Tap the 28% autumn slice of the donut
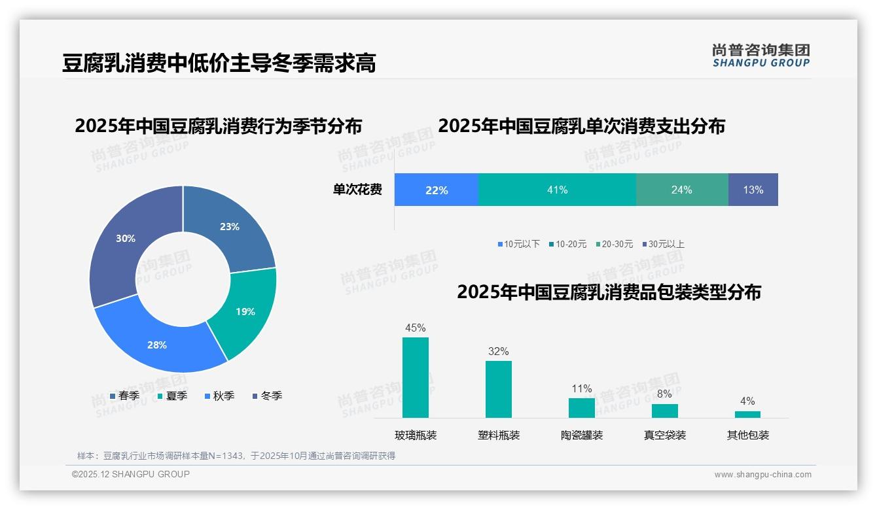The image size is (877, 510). click(160, 343)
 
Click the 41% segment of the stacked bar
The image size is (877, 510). click(557, 190)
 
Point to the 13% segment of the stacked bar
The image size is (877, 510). click(753, 190)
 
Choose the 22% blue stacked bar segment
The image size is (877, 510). click(437, 190)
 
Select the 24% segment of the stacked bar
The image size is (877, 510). click(681, 190)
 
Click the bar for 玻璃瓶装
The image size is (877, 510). click(415, 377)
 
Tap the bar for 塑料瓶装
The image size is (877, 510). click(498, 389)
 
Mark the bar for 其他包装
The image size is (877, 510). click(747, 414)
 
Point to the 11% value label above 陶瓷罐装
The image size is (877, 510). click(581, 389)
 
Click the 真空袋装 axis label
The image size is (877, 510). click(664, 435)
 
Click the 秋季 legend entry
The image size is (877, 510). click(219, 396)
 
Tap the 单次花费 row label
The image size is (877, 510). click(357, 190)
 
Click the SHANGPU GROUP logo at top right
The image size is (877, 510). click(761, 55)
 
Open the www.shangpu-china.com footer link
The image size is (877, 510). click(762, 475)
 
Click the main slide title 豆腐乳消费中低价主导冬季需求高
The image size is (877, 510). click(219, 63)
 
